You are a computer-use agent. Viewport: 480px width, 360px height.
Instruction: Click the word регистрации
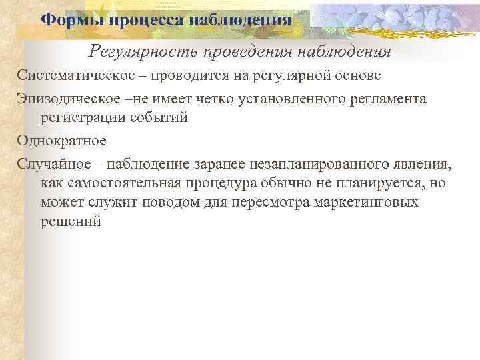point(83,117)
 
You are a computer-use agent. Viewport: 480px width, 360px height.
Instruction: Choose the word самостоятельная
point(123,183)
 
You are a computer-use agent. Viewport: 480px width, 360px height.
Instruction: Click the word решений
point(71,222)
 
